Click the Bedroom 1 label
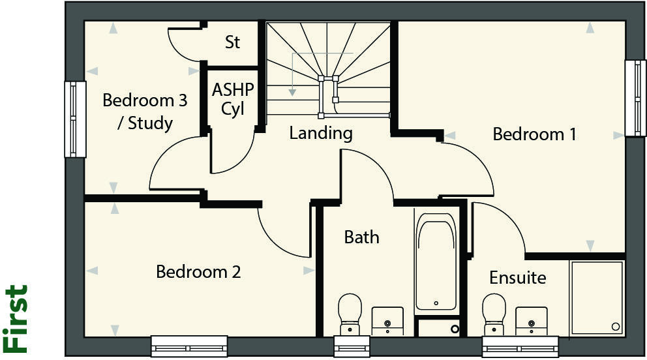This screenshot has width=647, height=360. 534,134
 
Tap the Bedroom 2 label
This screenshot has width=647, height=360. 198,271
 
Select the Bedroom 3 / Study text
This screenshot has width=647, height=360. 145,112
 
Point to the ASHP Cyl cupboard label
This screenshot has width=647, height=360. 233,99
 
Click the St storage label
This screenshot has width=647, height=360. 232,43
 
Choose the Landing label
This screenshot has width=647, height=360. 321,134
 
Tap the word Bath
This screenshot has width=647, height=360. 361,237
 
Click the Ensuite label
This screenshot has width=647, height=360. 517,278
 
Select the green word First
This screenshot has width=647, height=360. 16,318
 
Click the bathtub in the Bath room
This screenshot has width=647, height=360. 436,262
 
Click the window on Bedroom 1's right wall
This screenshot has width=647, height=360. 635,98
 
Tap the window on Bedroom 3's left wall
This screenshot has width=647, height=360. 75,119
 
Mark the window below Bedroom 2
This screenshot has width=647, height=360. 189,345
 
